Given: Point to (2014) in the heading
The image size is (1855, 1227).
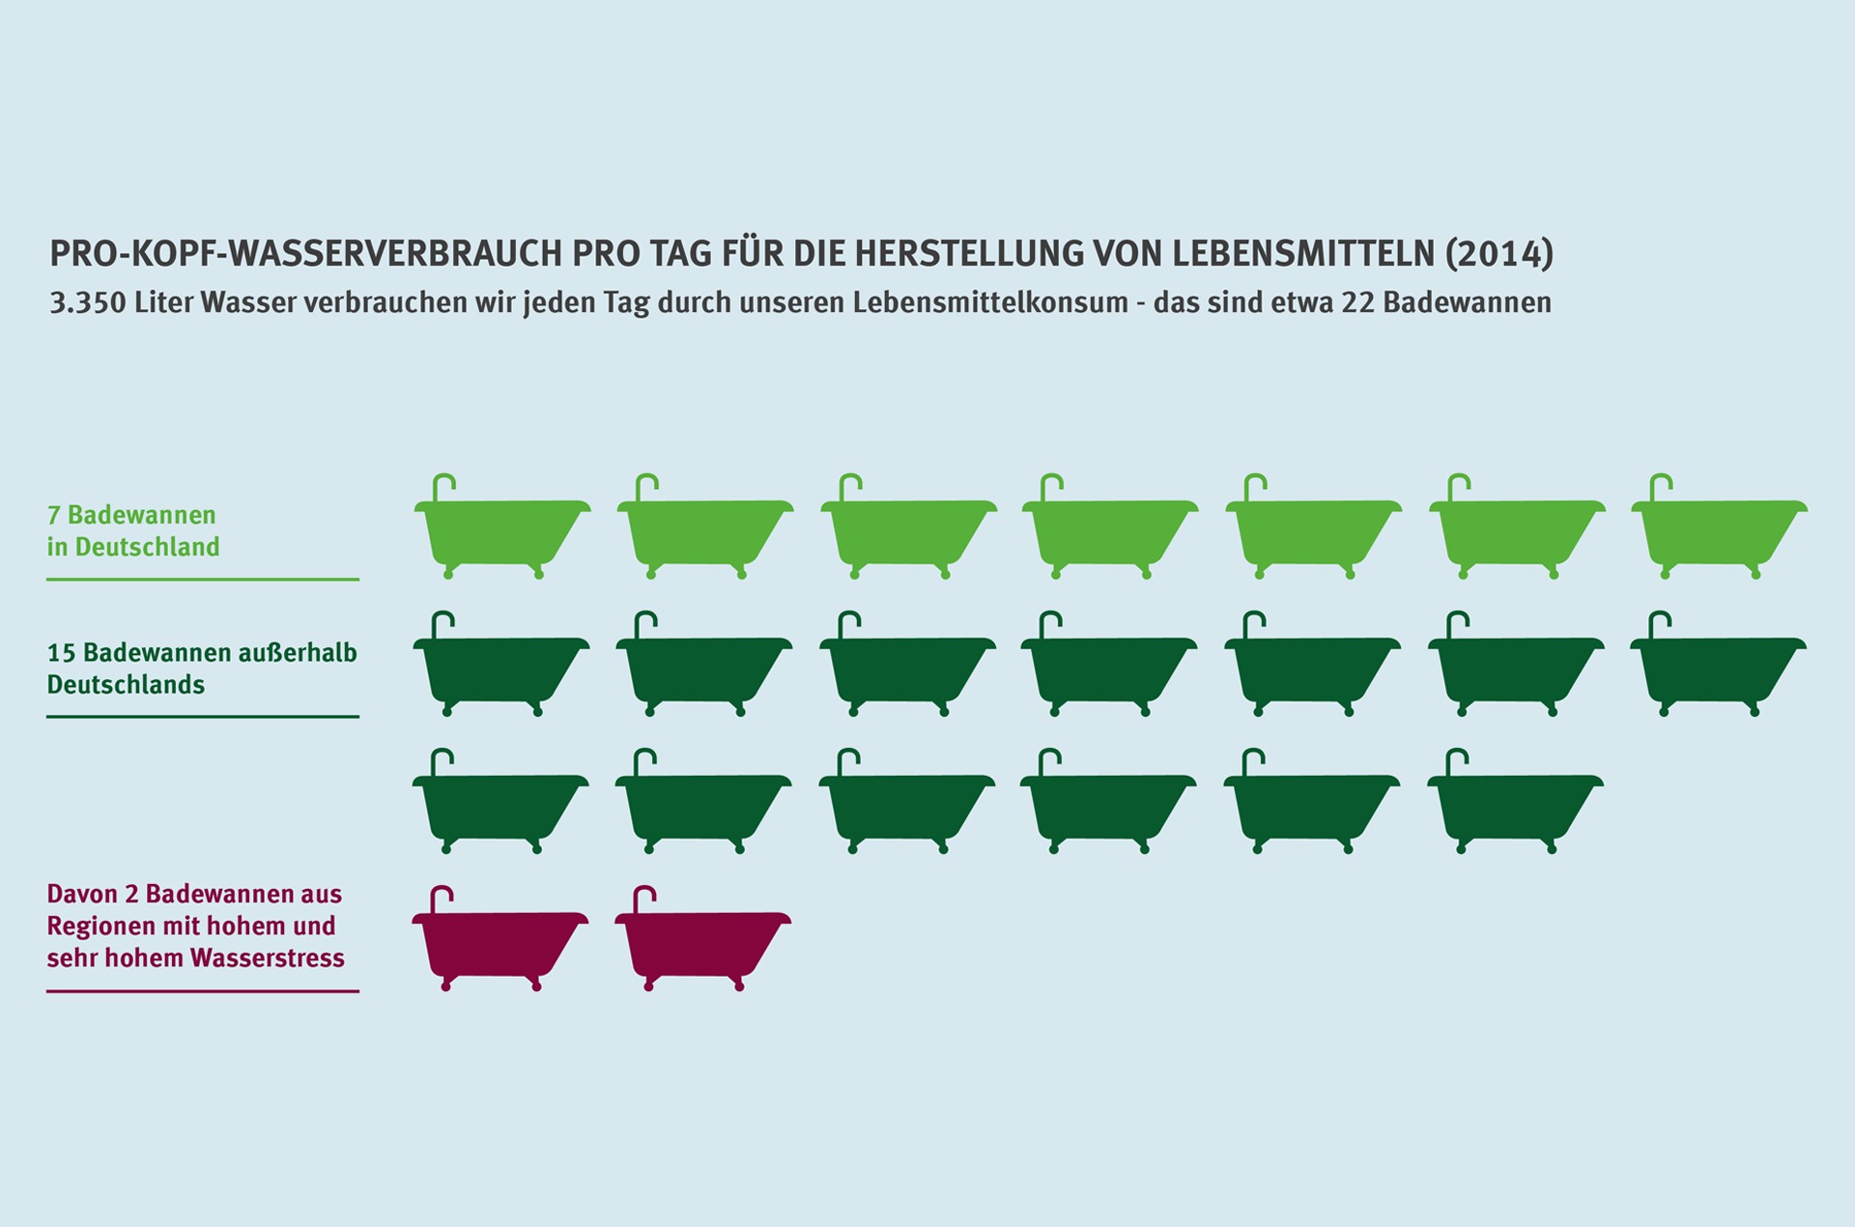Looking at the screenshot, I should pyautogui.click(x=1499, y=253).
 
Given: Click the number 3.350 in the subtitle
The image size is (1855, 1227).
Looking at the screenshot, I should pyautogui.click(x=88, y=303).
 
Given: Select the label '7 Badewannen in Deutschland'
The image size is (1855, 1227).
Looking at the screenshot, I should pyautogui.click(x=133, y=530).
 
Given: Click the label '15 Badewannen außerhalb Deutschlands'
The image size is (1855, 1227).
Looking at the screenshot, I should pyautogui.click(x=202, y=669).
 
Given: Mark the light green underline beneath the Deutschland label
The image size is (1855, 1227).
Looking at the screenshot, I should pyautogui.click(x=203, y=580).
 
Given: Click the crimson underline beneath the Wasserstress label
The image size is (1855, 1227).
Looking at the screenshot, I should pyautogui.click(x=203, y=991).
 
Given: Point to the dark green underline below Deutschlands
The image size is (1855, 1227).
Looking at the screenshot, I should pyautogui.click(x=203, y=717).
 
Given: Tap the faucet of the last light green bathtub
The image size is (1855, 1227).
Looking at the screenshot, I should pyautogui.click(x=1659, y=484).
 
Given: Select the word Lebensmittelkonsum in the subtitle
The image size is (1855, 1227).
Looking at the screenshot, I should pyautogui.click(x=989, y=303).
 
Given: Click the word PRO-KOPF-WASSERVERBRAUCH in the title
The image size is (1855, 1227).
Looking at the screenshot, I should pyautogui.click(x=305, y=253).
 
